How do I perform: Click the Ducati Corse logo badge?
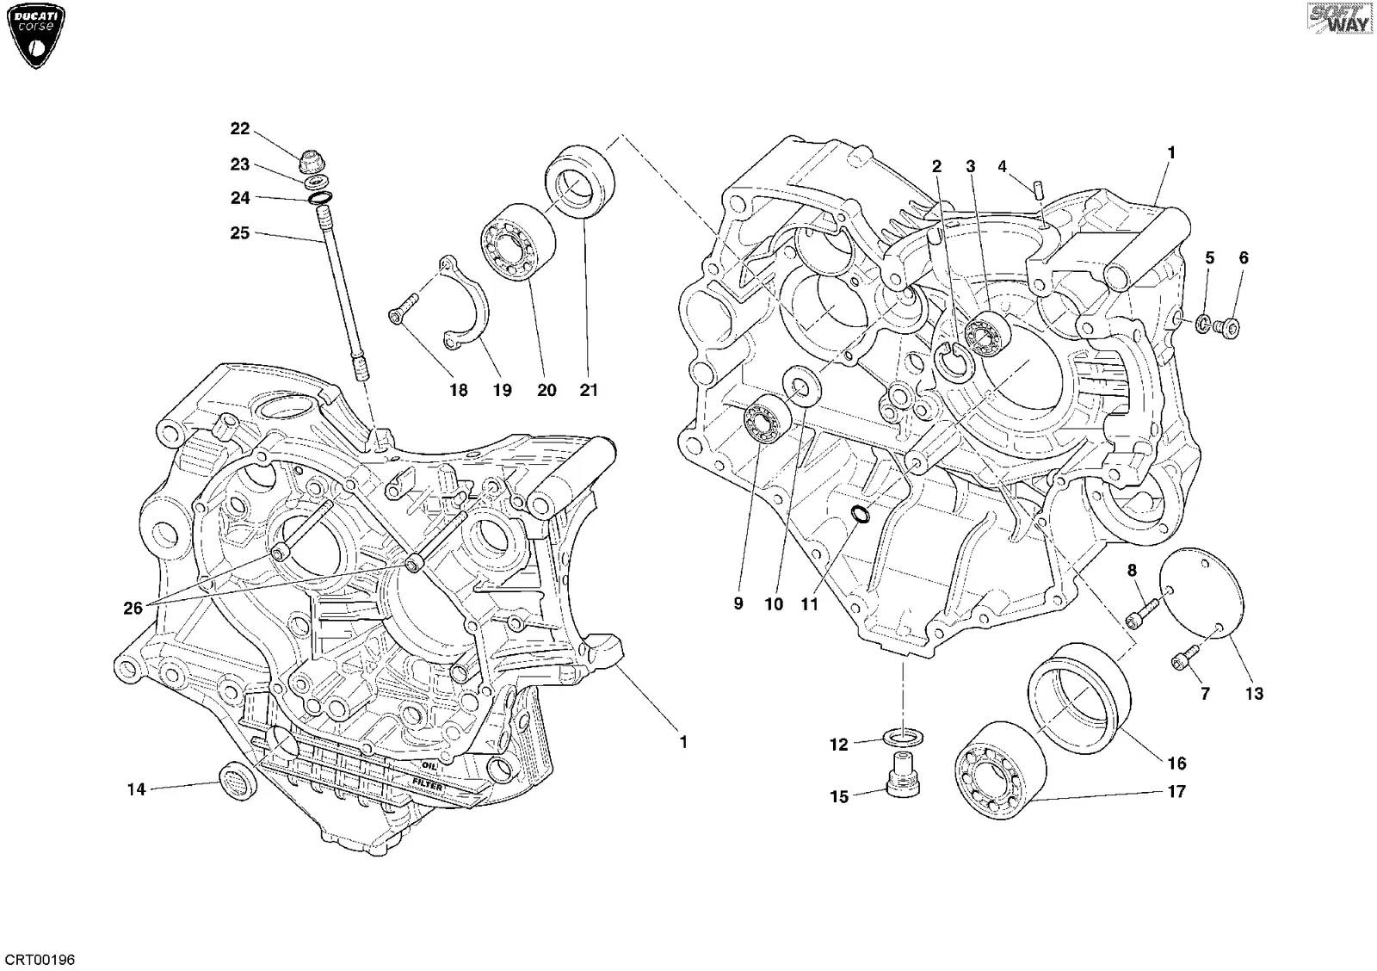(x=36, y=36)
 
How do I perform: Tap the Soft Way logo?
(x=1340, y=18)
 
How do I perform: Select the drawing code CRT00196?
(x=40, y=959)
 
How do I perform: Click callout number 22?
(x=240, y=128)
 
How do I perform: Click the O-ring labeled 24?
(x=320, y=198)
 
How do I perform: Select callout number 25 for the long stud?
(x=240, y=233)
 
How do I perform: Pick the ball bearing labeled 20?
(x=517, y=242)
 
